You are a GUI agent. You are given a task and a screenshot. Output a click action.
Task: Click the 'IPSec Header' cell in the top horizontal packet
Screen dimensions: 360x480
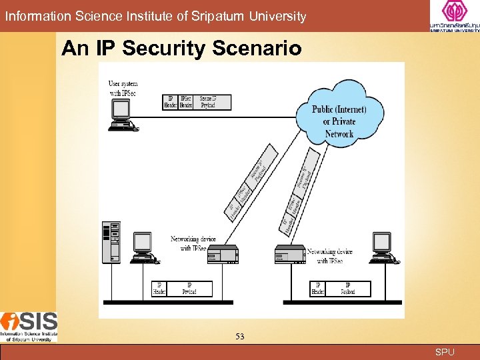point(186,102)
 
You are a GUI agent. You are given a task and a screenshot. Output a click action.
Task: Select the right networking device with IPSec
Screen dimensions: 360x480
point(289,254)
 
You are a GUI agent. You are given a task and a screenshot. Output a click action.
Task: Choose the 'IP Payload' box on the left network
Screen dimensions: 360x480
point(189,289)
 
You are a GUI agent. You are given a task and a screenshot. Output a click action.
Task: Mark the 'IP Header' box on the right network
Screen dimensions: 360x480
point(319,289)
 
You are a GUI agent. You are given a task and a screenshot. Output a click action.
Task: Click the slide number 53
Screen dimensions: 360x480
point(239,337)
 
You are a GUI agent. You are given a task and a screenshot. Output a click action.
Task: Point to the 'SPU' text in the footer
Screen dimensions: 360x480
point(445,352)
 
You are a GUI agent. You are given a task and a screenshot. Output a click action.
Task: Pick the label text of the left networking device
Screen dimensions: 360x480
point(189,243)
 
